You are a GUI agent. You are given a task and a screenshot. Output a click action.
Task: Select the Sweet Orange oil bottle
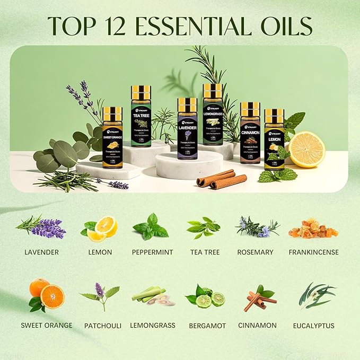tap(112, 139)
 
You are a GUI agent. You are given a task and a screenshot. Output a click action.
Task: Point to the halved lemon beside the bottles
tap(307, 150)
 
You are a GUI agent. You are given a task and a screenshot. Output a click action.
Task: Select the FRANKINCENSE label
tap(313, 252)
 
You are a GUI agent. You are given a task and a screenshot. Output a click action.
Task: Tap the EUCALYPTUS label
tap(314, 325)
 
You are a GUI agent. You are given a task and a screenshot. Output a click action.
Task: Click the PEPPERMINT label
tap(153, 252)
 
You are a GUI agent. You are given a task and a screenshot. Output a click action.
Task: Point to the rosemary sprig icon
tap(258, 227)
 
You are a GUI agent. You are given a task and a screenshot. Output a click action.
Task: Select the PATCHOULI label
tap(103, 325)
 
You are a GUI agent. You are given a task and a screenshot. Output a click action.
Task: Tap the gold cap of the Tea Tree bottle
tap(141, 92)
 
